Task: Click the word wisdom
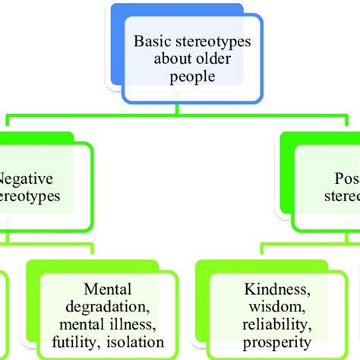click(x=272, y=306)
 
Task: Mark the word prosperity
click(x=272, y=342)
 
